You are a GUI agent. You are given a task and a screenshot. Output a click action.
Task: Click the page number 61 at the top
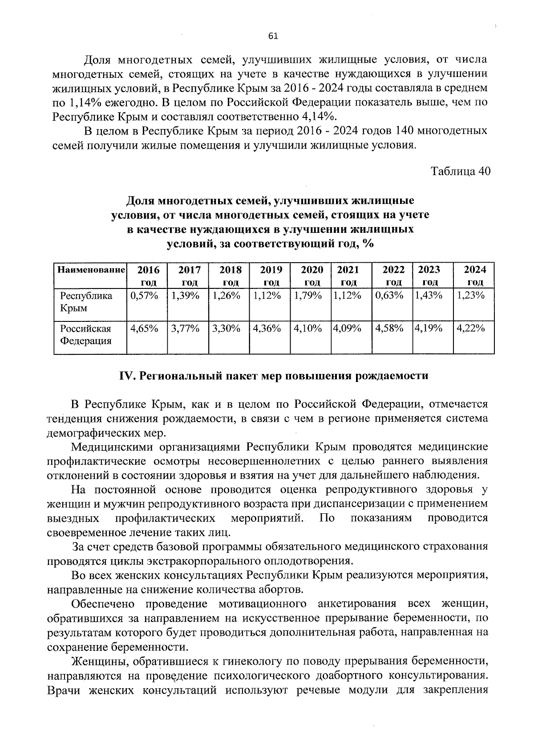pos(273,37)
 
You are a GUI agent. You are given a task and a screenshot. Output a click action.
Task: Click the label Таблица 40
pos(461,172)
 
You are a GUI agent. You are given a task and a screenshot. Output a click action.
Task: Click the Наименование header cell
pos(90,270)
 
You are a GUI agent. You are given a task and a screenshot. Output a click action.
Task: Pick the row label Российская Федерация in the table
pos(85,335)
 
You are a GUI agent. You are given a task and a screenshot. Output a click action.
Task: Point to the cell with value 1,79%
pos(307,296)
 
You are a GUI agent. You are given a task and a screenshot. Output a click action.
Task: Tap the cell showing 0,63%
pos(389,296)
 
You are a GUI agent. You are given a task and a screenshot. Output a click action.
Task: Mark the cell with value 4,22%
pos(471,329)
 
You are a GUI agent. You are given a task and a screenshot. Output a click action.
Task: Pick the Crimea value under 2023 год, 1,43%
pos(428,296)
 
